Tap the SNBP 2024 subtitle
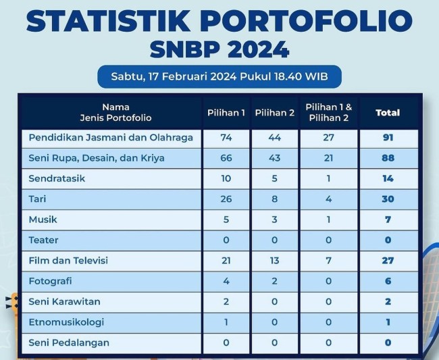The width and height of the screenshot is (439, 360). coord(219,50)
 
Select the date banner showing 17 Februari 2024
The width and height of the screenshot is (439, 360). coord(219,76)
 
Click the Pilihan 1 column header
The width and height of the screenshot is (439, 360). coord(226,113)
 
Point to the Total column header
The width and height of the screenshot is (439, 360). coord(388,113)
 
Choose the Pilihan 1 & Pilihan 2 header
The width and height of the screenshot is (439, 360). coord(328,113)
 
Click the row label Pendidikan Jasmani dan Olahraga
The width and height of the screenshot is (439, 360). coord(111,138)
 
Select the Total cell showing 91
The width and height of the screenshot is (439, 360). coord(388,138)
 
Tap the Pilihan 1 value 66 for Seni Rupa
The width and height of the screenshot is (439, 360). coord(226,158)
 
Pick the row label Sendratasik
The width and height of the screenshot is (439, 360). coord(57,178)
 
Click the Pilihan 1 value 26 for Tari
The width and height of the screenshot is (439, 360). coord(226,199)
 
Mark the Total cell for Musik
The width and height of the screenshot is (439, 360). coord(388,220)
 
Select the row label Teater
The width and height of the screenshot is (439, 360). coord(44,240)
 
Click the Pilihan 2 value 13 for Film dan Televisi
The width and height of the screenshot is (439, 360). coord(274,261)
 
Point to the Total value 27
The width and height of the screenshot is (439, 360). coord(388,261)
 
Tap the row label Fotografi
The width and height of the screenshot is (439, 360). coord(50,281)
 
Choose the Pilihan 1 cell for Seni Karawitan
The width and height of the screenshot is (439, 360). coord(226,301)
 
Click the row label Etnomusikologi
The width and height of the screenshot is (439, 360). coord(66,322)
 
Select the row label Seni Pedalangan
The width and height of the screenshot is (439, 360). coord(69,342)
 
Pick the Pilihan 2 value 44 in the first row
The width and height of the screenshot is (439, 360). coord(274,138)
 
